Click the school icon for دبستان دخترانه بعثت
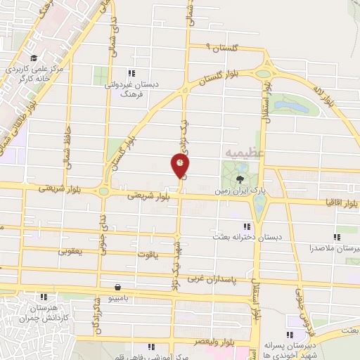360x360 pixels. click(246, 226)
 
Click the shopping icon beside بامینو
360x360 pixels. click(116, 287)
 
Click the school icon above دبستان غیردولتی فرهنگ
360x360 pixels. click(130, 72)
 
